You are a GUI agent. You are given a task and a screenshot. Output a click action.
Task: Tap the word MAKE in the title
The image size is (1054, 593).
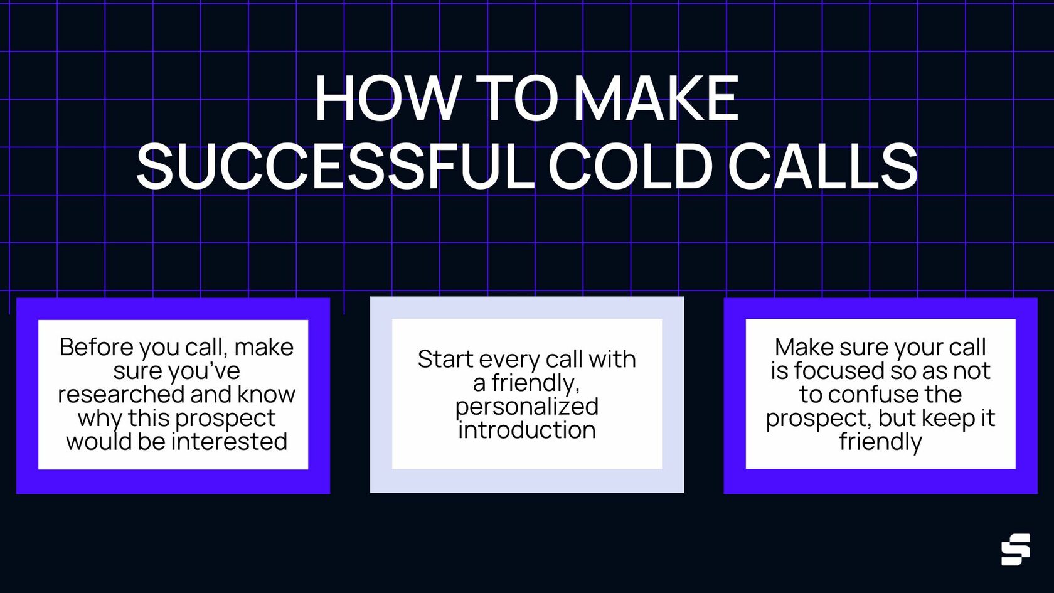point(656,99)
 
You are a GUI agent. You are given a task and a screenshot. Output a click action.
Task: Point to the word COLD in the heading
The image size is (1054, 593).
point(631,166)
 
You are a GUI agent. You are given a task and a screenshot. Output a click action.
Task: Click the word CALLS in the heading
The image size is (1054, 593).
point(822,166)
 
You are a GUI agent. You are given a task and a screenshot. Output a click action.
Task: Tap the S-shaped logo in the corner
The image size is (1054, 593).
point(1015,550)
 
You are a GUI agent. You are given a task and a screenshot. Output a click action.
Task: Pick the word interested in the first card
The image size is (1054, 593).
point(229,441)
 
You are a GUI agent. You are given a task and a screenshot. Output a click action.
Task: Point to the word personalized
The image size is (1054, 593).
point(527,407)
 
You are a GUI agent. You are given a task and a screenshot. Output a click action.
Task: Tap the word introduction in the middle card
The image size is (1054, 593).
point(527,430)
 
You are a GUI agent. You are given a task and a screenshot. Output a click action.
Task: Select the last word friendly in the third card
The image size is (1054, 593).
point(880,442)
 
